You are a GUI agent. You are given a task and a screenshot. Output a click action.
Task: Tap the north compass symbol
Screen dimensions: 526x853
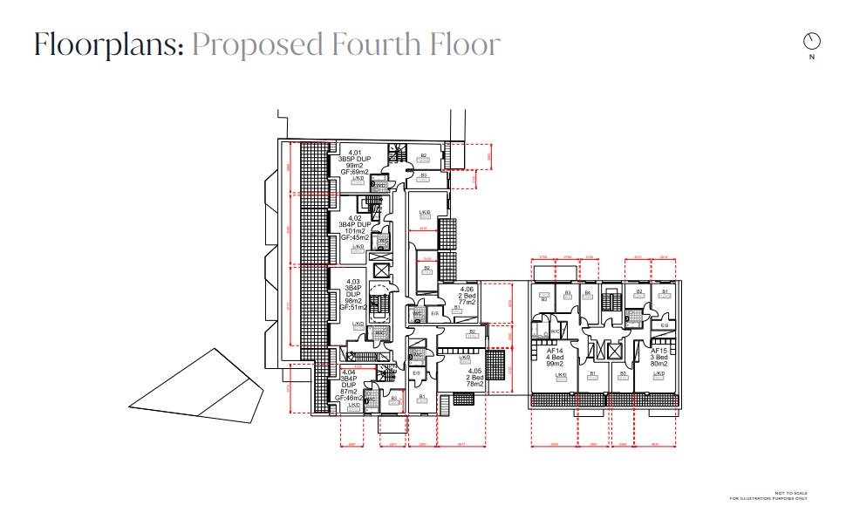(x=812, y=42)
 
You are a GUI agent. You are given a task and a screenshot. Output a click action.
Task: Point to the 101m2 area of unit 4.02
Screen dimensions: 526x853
(x=355, y=232)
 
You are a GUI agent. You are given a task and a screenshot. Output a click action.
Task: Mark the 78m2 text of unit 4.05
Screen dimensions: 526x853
(x=474, y=384)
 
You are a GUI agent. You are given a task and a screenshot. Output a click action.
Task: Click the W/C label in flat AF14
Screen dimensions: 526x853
(x=555, y=331)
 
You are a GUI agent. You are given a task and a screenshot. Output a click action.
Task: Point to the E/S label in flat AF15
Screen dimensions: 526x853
(x=664, y=326)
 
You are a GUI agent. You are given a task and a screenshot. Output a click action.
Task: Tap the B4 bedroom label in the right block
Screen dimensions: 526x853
(x=588, y=293)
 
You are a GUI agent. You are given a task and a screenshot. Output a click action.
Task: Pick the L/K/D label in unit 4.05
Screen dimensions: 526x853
(x=465, y=357)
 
